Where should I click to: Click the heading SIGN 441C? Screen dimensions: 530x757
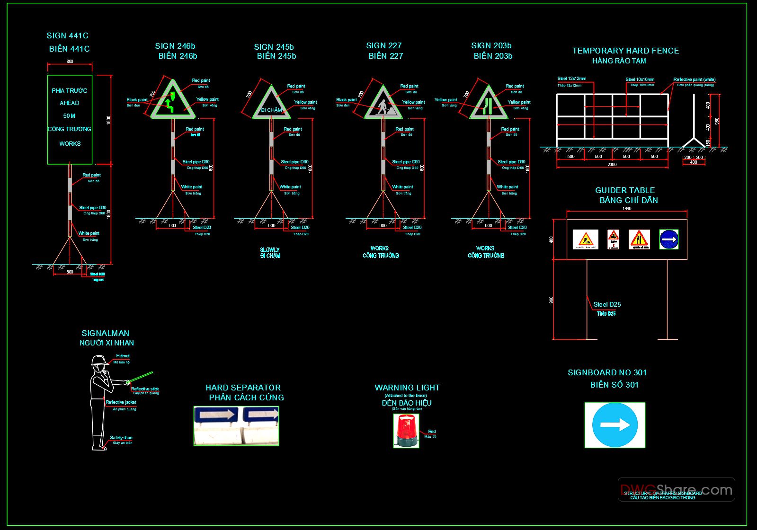point(67,35)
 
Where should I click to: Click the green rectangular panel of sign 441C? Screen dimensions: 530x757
point(70,119)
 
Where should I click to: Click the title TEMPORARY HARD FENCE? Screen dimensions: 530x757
point(625,51)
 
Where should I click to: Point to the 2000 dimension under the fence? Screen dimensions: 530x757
point(612,165)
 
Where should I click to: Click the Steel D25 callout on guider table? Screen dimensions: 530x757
point(607,304)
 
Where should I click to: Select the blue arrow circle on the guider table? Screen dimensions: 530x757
point(668,239)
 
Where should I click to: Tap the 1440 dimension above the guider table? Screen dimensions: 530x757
point(626,209)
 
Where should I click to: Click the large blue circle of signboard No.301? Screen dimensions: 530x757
point(615,425)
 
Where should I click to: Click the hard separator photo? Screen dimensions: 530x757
point(236,425)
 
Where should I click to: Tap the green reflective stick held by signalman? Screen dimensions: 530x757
point(141,378)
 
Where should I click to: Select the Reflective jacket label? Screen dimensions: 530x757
point(121,402)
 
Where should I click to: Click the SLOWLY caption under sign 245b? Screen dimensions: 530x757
point(270,249)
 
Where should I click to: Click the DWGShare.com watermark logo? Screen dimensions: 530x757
point(676,489)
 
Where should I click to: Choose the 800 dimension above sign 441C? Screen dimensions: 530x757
point(70,61)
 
